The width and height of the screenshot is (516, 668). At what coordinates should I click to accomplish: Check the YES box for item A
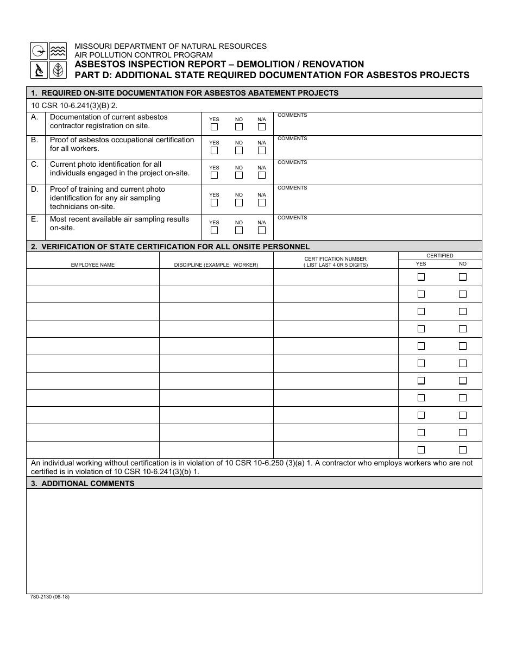coord(214,127)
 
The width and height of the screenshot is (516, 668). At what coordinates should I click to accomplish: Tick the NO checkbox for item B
coord(239,150)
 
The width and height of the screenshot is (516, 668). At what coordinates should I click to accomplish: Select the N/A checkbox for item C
coord(262,175)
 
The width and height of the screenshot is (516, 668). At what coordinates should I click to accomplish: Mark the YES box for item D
coord(214,203)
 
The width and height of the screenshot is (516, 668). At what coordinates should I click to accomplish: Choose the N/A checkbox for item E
coord(262,230)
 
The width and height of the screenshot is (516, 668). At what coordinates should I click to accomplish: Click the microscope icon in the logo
coord(39,70)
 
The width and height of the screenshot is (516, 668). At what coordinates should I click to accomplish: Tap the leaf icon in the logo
coord(58,70)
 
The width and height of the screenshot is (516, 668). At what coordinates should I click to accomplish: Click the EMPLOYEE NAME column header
coord(93,265)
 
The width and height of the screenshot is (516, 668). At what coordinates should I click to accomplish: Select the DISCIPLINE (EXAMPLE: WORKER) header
coord(216,265)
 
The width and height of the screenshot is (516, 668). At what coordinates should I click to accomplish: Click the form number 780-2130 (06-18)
coord(50,597)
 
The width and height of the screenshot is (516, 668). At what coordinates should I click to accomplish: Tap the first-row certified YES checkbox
coord(421,277)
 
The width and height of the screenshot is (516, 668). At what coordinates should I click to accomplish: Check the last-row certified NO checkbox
coord(463,450)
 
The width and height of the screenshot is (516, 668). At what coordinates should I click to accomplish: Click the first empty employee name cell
coord(93,278)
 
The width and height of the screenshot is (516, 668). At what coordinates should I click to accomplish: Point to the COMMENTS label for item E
coord(292,218)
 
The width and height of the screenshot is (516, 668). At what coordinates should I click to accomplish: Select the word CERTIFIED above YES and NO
coord(439,256)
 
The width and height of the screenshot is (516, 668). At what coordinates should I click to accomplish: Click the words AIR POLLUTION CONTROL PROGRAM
coord(143,55)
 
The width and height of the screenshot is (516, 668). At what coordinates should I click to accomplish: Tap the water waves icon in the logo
coord(58,51)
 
